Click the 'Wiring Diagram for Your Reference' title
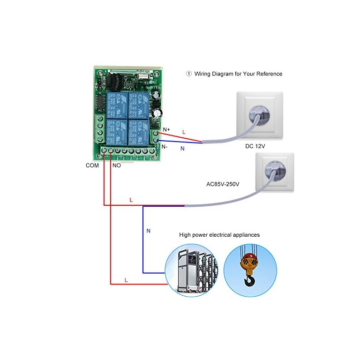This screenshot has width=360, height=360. click(x=238, y=74)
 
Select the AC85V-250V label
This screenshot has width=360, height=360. click(x=223, y=184)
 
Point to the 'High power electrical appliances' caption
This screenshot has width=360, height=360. click(x=219, y=234)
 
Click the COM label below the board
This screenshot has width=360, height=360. click(x=92, y=165)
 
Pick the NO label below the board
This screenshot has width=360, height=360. click(x=116, y=165)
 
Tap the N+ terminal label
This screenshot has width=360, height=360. click(x=166, y=129)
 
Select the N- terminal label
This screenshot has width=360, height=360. click(x=165, y=146)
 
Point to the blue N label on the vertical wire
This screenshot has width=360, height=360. click(x=149, y=231)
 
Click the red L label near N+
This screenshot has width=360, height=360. click(x=184, y=133)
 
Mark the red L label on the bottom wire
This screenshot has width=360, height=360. click(x=126, y=280)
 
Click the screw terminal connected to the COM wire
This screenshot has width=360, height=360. click(x=104, y=151)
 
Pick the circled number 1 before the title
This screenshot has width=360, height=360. click(x=189, y=74)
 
